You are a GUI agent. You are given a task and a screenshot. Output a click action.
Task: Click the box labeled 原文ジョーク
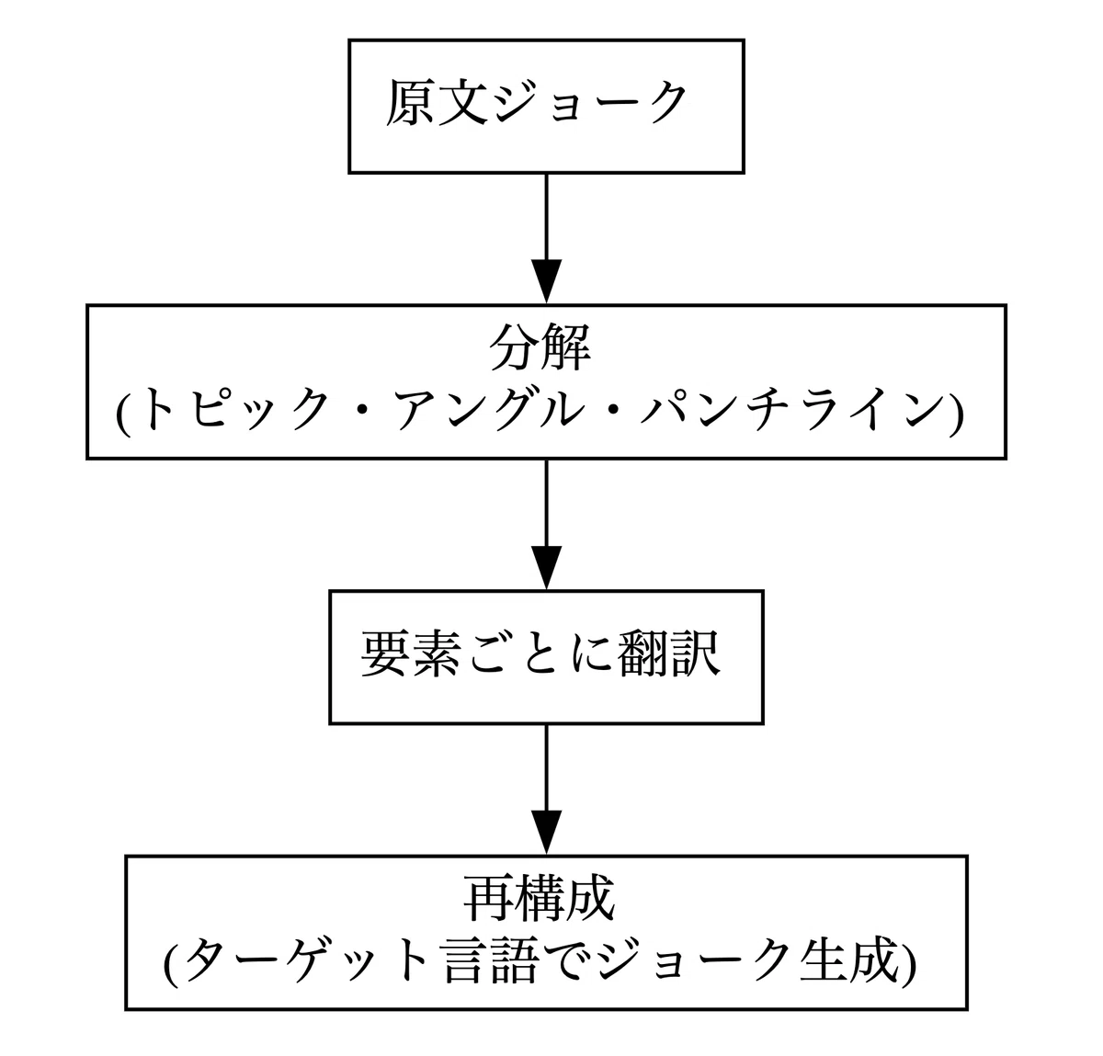pos(546,107)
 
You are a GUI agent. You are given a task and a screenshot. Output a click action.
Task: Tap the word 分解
pos(540,347)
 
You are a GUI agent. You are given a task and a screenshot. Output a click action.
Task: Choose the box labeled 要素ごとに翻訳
pos(546,657)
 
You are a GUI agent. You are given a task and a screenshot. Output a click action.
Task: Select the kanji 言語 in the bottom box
pos(491,959)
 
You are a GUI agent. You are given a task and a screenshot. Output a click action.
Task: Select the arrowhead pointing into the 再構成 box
pos(546,832)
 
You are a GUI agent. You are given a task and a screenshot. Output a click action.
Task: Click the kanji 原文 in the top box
pos(437,102)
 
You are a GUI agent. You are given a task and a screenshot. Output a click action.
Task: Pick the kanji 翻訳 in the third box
pos(669,653)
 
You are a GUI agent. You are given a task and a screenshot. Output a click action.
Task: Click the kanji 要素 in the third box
pos(410,653)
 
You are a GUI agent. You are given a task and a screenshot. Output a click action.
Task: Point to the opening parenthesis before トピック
pos(123,412)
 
